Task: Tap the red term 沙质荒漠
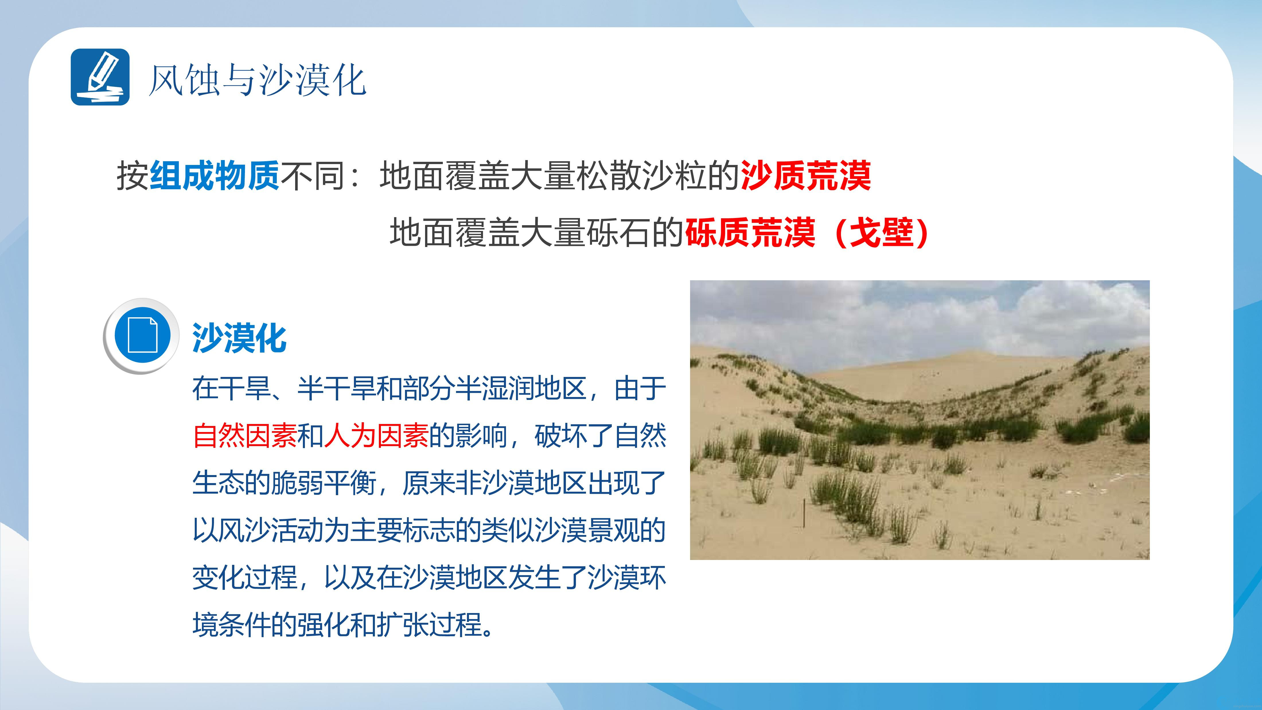pos(806,175)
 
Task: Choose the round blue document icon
pos(142,336)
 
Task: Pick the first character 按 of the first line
pos(132,175)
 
